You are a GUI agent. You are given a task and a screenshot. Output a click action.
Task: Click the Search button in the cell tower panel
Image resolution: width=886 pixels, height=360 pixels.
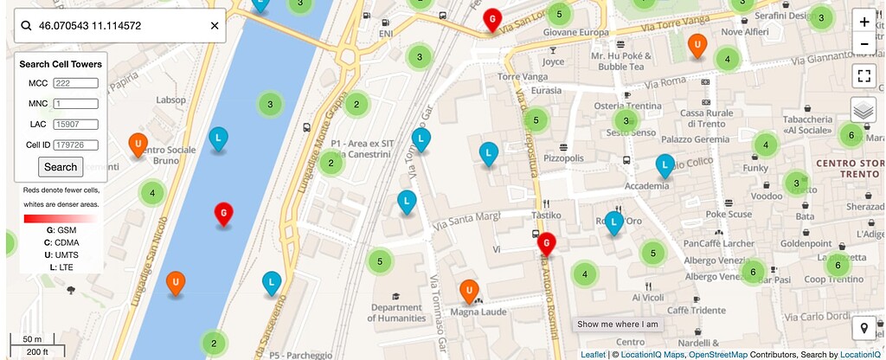pos(61,167)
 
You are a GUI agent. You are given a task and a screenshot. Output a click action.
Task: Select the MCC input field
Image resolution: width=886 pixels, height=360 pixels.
pos(75,83)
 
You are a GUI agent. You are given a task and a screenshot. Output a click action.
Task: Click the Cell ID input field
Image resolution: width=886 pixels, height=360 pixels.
pos(75,145)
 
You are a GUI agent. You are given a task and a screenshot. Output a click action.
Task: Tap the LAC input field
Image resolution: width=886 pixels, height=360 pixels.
pos(75,124)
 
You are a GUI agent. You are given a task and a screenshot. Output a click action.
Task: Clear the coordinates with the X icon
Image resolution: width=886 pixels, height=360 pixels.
pos(215,26)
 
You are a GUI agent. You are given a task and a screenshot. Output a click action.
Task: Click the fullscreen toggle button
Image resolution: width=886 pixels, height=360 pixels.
pos(863,75)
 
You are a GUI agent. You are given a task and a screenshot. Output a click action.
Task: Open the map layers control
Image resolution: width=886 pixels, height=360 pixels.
pos(863,110)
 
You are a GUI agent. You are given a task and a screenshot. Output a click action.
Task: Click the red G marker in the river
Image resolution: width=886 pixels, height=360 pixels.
pos(223,212)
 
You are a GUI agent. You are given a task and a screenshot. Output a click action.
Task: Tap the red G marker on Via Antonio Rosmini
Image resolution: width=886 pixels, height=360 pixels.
pos(546,244)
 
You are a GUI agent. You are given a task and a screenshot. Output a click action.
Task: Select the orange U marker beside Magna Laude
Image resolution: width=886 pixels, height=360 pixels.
pos(468,290)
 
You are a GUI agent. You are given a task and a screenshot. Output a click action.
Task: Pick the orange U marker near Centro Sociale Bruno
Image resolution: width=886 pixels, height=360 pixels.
pos(137,144)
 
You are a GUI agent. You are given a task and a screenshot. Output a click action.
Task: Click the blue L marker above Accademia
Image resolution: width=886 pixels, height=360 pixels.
pos(664,164)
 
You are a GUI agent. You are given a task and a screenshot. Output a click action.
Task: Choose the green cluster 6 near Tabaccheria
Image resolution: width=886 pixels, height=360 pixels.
pos(851,135)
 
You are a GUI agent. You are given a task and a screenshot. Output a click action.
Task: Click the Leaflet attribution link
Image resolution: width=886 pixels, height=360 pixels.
pos(593,355)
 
